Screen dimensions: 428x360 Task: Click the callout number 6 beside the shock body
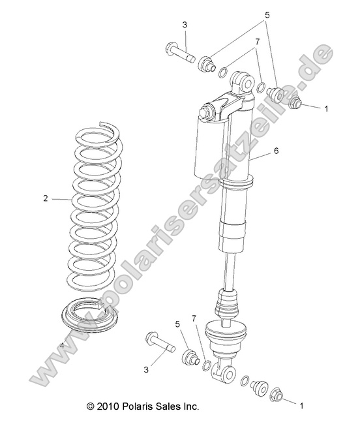tap(276, 151)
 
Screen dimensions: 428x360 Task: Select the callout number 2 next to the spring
tap(46, 198)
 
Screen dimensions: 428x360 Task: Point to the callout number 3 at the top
tap(185, 25)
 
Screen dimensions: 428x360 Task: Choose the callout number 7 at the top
tap(258, 41)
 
